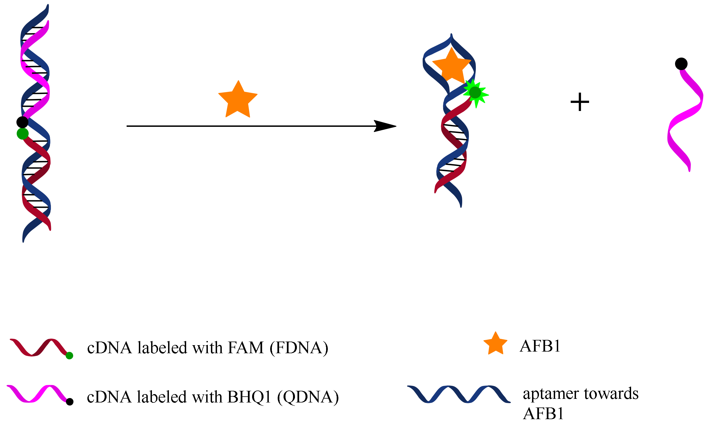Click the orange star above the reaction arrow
click(238, 100)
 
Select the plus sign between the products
click(580, 102)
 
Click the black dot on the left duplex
click(22, 122)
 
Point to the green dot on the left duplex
click(23, 134)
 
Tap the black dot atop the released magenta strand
click(681, 64)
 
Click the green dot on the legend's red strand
click(69, 356)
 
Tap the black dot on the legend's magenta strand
click(70, 402)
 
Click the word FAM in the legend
click(245, 348)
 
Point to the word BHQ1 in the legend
click(249, 397)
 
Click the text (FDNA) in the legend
click(299, 348)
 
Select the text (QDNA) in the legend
click(308, 397)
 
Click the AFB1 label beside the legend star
click(540, 346)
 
